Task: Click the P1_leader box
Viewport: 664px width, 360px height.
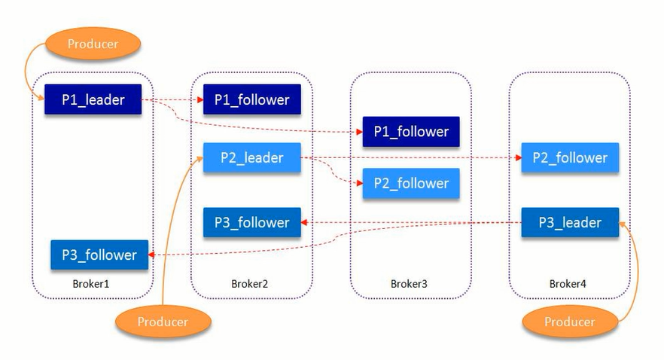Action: click(x=93, y=99)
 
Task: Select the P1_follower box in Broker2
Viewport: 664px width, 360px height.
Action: click(x=251, y=99)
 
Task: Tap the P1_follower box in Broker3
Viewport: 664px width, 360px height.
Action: click(x=411, y=132)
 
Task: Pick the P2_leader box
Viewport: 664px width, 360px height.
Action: click(x=251, y=158)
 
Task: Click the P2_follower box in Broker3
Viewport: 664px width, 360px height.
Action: click(x=411, y=183)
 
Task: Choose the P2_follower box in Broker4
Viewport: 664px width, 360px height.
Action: click(x=569, y=158)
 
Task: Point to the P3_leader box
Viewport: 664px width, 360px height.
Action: click(x=569, y=223)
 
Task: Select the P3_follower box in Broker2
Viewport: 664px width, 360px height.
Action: click(x=251, y=223)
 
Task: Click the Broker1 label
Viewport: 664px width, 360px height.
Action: click(x=92, y=284)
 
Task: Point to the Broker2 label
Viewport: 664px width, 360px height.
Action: click(x=250, y=284)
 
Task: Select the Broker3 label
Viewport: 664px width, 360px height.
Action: click(x=409, y=284)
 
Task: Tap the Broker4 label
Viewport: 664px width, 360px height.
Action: click(x=568, y=284)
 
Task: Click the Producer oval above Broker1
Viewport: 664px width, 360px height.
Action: click(x=93, y=44)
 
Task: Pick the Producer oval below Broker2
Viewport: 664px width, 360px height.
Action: click(x=163, y=322)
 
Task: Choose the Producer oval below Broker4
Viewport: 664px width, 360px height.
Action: click(x=570, y=322)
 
